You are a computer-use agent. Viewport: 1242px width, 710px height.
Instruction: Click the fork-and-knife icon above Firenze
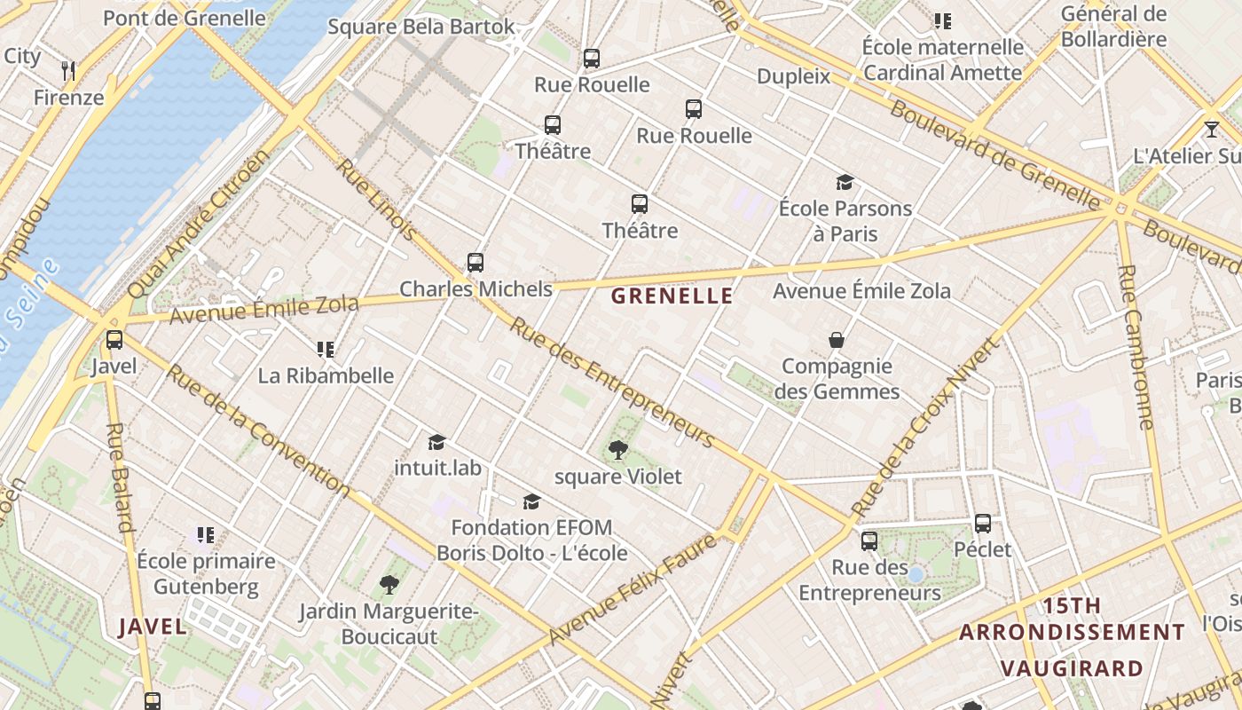pyautogui.click(x=68, y=69)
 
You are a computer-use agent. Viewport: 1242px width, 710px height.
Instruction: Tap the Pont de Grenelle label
pyautogui.click(x=185, y=18)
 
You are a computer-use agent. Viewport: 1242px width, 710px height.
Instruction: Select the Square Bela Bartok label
pyautogui.click(x=421, y=27)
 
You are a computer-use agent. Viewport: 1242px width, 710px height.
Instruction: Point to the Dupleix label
pyautogui.click(x=793, y=76)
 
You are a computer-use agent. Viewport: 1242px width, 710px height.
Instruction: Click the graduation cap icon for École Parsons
pyautogui.click(x=845, y=183)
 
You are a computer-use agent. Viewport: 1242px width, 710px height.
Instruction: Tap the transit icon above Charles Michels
pyautogui.click(x=476, y=263)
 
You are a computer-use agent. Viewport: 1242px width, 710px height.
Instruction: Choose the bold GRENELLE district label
pyautogui.click(x=672, y=296)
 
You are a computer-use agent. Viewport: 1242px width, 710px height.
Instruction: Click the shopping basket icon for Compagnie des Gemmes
pyautogui.click(x=836, y=340)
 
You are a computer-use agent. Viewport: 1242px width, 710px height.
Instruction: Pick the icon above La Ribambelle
pyautogui.click(x=326, y=350)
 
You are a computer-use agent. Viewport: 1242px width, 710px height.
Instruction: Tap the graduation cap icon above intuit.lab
pyautogui.click(x=436, y=442)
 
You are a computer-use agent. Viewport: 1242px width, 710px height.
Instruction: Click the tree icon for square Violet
pyautogui.click(x=618, y=451)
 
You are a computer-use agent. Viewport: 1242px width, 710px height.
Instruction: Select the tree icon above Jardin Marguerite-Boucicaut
pyautogui.click(x=389, y=585)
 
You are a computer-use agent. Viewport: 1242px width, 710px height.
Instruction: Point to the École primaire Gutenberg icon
pyautogui.click(x=206, y=535)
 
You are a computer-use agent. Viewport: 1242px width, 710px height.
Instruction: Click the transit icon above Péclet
pyautogui.click(x=982, y=524)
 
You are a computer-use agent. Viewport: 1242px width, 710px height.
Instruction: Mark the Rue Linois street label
pyautogui.click(x=376, y=200)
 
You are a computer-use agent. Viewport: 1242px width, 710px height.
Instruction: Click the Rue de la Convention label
pyautogui.click(x=258, y=430)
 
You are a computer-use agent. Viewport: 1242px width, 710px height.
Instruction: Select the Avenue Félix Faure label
pyautogui.click(x=632, y=589)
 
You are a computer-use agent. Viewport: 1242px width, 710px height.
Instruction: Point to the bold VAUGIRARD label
pyautogui.click(x=1072, y=668)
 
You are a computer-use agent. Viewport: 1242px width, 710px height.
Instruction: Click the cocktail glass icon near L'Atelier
pyautogui.click(x=1212, y=130)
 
